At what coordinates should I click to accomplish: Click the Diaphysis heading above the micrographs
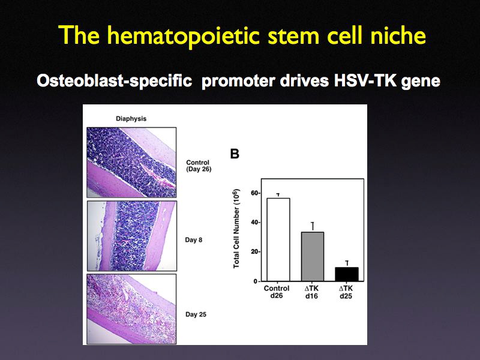(131, 119)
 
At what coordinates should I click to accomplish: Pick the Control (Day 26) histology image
(132, 161)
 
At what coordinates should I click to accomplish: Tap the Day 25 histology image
(132, 308)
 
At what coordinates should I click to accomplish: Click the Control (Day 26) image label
(200, 166)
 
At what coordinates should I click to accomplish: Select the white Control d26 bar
(278, 239)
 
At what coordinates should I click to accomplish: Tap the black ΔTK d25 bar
(346, 274)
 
